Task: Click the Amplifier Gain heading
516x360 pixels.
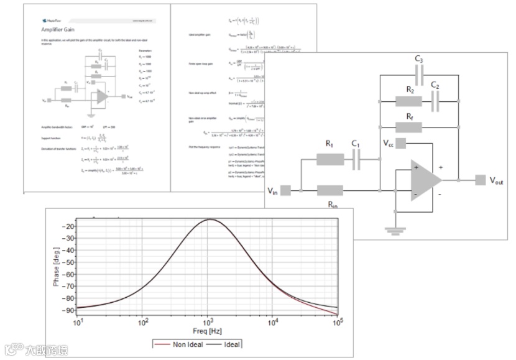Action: [x=59, y=29]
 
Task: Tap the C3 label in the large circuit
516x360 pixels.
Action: [x=419, y=60]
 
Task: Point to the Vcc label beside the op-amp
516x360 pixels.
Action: [x=389, y=143]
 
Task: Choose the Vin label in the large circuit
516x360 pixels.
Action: [x=273, y=190]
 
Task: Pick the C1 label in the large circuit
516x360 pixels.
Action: [x=356, y=144]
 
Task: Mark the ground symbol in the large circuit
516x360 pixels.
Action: [x=392, y=230]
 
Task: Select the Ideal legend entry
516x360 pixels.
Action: [x=230, y=344]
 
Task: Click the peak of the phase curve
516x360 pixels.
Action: [x=211, y=219]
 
